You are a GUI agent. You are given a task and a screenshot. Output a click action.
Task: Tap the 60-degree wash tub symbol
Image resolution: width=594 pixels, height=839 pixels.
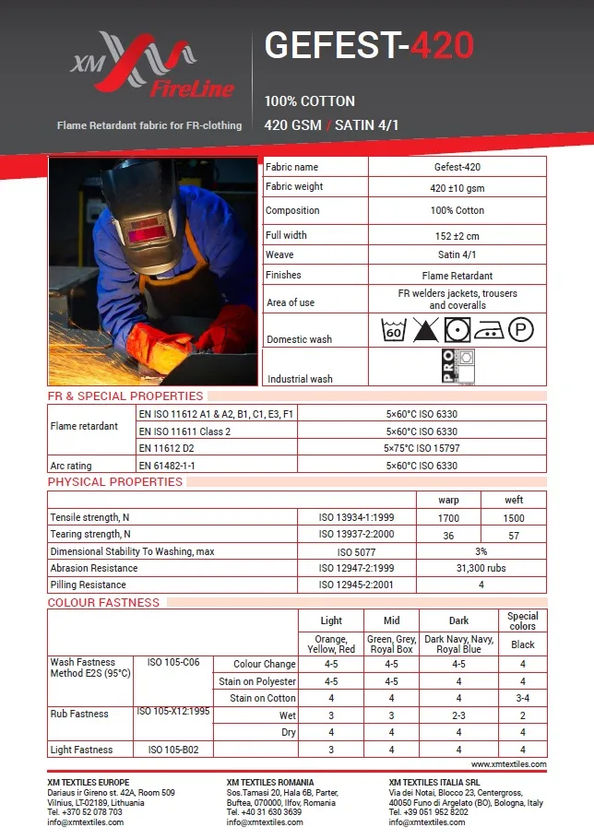tap(394, 329)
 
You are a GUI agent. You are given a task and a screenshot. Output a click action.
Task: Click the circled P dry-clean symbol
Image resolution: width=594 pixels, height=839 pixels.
tap(521, 329)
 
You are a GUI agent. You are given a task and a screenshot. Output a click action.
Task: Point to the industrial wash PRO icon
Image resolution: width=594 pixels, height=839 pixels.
tap(457, 366)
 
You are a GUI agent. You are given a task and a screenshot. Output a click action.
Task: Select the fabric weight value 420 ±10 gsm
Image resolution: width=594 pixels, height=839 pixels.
tap(457, 188)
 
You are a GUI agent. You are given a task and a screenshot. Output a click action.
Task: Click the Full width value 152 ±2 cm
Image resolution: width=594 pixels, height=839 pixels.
tap(457, 235)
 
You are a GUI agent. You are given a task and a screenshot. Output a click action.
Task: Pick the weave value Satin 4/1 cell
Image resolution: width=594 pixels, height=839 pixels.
tap(457, 254)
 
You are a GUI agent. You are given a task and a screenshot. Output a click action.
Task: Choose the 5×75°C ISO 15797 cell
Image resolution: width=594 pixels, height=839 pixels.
tap(421, 448)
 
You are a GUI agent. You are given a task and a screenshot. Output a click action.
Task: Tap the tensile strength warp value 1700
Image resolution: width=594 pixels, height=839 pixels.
tap(448, 518)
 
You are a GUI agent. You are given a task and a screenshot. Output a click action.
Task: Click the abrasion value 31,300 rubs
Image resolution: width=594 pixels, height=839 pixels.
tap(481, 568)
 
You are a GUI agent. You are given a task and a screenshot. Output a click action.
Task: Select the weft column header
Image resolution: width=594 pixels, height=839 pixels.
tap(514, 500)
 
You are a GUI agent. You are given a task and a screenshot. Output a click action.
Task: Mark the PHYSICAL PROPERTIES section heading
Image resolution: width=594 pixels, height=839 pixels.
tap(115, 482)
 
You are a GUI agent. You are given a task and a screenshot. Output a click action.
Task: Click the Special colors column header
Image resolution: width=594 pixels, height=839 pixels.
tap(522, 621)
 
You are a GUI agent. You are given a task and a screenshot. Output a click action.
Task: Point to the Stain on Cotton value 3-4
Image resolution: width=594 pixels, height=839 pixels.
tap(522, 698)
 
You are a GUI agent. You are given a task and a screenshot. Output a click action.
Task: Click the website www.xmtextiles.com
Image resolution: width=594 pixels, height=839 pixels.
tap(508, 764)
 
